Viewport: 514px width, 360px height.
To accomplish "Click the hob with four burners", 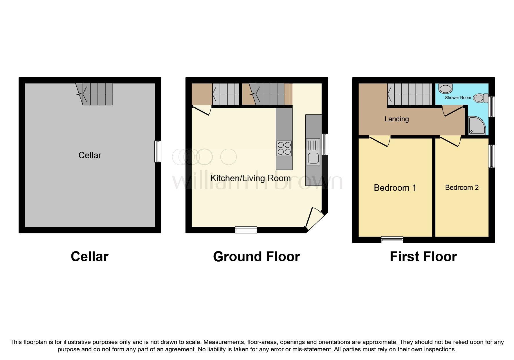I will [284, 148].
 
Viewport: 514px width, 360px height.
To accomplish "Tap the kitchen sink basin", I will [313, 159].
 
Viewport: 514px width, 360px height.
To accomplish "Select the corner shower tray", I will [477, 126].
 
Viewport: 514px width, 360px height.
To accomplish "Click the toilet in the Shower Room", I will [481, 98].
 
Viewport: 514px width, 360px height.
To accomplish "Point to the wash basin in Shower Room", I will [446, 88].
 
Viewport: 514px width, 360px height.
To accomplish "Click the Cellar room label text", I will [90, 155].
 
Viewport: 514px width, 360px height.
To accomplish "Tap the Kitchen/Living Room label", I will [250, 178].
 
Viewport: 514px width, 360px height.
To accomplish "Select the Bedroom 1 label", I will [395, 188].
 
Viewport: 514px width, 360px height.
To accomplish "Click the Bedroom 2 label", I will [461, 188].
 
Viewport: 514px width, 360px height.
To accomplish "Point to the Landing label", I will [396, 119].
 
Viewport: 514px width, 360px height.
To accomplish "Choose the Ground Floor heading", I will [256, 257].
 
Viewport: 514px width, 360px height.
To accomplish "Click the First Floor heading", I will [423, 257].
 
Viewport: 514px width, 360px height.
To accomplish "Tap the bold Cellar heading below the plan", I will [89, 257].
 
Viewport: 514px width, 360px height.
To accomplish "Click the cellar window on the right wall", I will [158, 151].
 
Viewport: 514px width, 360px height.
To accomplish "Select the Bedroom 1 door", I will [380, 141].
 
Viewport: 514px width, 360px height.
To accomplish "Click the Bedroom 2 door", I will [451, 141].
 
